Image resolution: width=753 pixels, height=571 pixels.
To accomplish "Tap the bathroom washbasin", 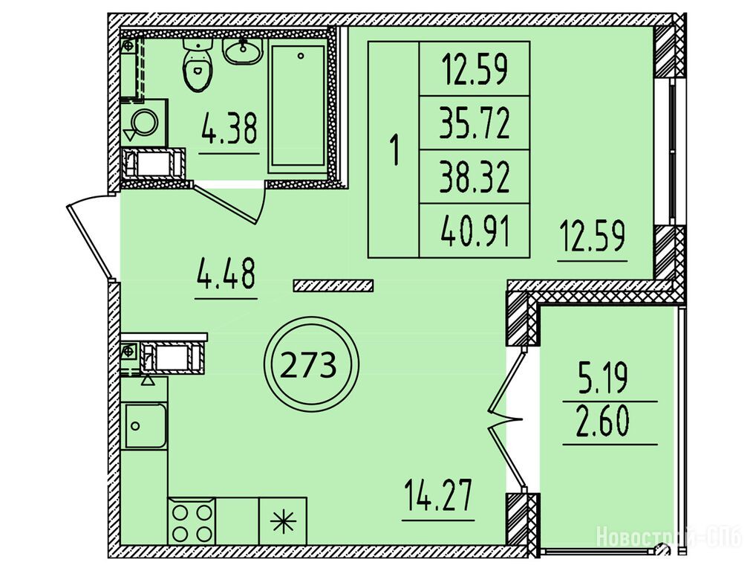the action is point(242,51).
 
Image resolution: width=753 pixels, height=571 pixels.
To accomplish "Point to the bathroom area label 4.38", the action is point(229,129).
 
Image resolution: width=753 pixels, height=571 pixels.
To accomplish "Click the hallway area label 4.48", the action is point(226,274).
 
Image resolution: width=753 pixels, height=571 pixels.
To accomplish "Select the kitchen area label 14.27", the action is point(438,497).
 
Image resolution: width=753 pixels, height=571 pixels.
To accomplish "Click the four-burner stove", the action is point(192,521).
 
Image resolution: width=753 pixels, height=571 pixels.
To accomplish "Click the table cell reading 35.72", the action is point(475,123).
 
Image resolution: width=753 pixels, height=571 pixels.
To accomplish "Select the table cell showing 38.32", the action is point(475,177).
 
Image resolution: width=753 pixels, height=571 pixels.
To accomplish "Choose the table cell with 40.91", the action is point(475,230).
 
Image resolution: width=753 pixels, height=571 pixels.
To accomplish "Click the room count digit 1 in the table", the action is point(395,150).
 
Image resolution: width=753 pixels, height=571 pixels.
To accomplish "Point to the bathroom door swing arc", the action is point(263,202).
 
